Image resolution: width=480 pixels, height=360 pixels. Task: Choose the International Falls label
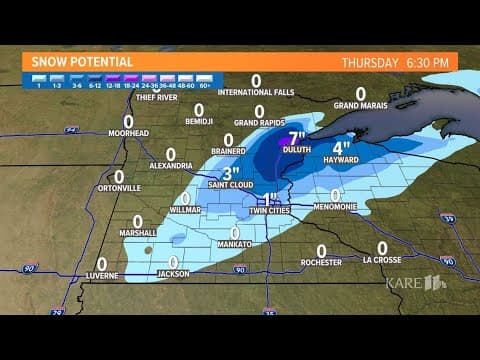tap(256, 93)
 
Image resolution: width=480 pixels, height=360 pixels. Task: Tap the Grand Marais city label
tap(360, 104)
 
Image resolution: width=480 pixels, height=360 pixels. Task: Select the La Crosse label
tap(381, 260)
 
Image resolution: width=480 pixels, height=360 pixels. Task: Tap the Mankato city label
tap(235, 245)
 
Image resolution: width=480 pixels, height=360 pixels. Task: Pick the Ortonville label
tap(119, 188)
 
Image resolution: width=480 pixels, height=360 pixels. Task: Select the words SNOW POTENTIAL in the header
tap(78, 62)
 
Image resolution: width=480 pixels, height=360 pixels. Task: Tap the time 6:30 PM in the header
tap(427, 62)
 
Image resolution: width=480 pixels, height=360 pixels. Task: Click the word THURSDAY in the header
tap(370, 62)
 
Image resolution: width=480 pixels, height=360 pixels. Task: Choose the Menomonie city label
tap(335, 207)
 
